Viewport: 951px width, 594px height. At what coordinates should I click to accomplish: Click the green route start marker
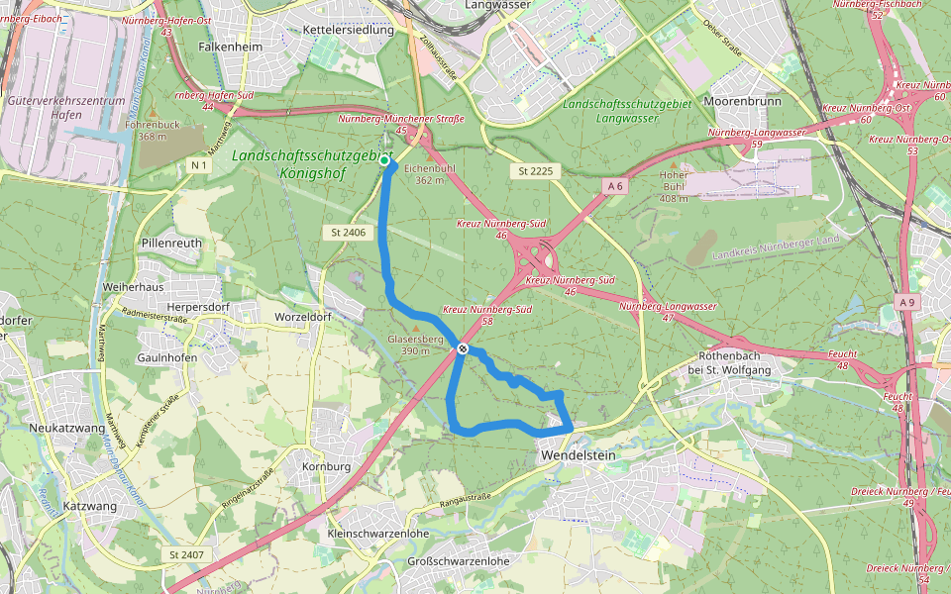click(384, 159)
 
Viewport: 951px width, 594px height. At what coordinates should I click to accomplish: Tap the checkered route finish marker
click(463, 347)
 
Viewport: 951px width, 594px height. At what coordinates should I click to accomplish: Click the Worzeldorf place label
click(303, 316)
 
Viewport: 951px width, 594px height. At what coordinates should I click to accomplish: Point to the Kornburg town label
click(325, 465)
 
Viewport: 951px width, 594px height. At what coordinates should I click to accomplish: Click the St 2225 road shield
click(536, 171)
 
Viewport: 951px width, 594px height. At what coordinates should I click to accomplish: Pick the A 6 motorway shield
click(614, 186)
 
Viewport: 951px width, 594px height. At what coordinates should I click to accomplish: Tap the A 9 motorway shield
click(907, 301)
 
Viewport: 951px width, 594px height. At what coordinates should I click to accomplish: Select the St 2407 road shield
click(186, 553)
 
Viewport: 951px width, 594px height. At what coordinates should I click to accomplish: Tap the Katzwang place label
click(90, 506)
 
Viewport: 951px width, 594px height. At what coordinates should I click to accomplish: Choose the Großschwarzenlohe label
click(459, 561)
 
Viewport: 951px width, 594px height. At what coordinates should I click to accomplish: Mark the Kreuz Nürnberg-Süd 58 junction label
click(487, 316)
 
